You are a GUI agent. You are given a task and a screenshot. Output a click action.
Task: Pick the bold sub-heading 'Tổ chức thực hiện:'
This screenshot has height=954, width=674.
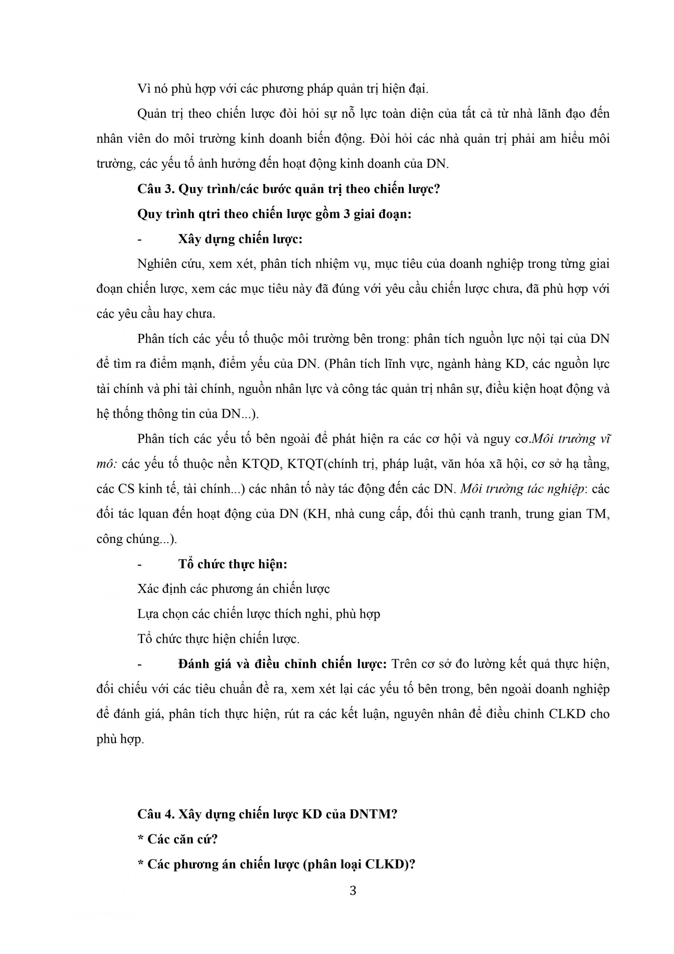(233, 564)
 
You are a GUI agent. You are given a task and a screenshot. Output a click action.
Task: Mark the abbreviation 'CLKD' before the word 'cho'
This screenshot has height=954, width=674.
(567, 714)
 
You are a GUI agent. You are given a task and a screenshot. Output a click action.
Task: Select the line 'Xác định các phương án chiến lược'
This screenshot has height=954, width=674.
(233, 589)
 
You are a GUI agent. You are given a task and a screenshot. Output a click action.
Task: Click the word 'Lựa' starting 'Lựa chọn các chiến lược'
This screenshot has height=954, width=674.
(148, 614)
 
